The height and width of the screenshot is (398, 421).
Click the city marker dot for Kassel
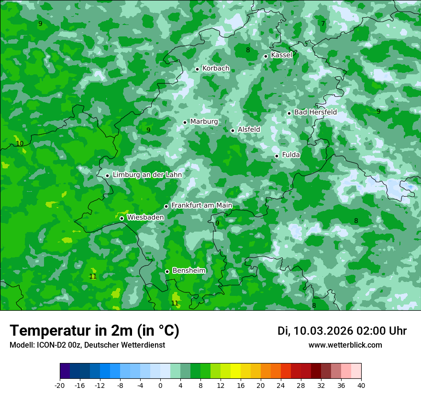266,56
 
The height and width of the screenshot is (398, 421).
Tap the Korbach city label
216,69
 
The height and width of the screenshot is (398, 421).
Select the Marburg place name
204,122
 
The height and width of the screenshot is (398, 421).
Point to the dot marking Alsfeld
233,130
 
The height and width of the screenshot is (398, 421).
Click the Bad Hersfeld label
315,112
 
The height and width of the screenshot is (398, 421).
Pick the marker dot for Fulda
277,156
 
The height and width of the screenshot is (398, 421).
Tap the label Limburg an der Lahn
147,175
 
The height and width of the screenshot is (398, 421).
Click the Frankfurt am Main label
201,205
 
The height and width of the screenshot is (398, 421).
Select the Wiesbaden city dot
122,218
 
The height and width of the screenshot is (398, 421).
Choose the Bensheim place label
188,270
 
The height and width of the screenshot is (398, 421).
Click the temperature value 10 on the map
20,143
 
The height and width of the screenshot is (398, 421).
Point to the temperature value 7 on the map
323,23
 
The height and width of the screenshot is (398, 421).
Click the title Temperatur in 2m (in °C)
94,331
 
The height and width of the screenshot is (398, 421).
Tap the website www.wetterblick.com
345,345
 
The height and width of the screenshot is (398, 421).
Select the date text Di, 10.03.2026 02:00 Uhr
342,331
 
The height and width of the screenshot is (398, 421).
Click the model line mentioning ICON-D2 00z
87,345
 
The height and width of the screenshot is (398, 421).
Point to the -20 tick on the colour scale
60,385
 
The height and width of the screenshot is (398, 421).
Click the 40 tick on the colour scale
361,385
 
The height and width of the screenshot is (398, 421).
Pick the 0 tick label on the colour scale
160,385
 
